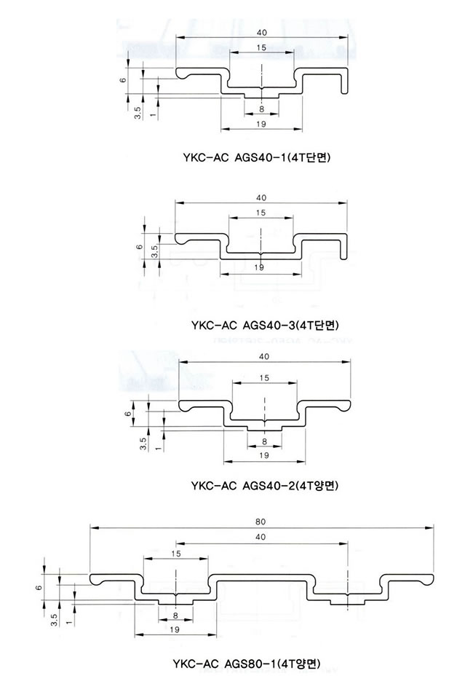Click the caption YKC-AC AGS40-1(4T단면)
[x=257, y=157]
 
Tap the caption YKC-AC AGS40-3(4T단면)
[x=265, y=326]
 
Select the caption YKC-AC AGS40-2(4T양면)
[x=264, y=486]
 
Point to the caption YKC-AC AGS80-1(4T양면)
[x=247, y=664]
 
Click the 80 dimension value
[x=261, y=522]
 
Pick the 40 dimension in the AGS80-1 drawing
[x=261, y=537]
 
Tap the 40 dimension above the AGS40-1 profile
[x=261, y=33]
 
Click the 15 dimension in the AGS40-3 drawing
[x=261, y=213]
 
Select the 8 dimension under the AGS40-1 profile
[x=261, y=109]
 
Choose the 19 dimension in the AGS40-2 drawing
[x=264, y=455]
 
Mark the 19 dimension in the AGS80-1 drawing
[x=175, y=630]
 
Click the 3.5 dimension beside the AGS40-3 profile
[x=155, y=251]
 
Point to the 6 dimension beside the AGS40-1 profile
[x=124, y=80]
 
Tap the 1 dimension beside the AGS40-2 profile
[x=157, y=449]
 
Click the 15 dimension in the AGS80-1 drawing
[x=175, y=554]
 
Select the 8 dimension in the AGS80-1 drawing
[x=175, y=616]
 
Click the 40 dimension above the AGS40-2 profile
[x=264, y=356]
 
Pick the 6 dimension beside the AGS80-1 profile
[x=39, y=587]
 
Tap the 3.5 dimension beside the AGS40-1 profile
[x=138, y=112]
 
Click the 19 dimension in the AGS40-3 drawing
[x=259, y=267]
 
